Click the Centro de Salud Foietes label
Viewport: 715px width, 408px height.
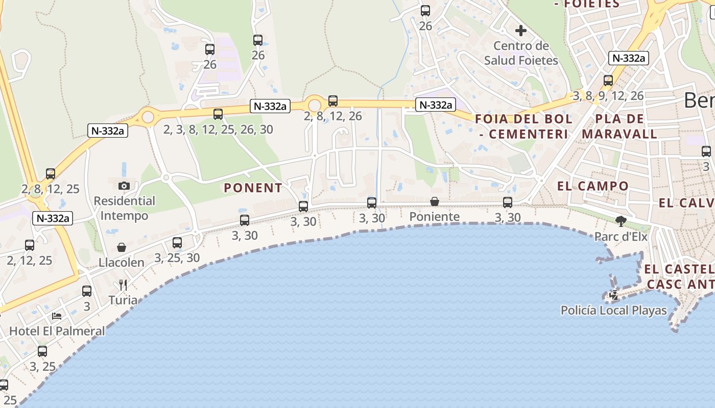(x=521, y=53)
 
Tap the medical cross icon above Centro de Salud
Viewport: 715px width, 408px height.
(x=521, y=31)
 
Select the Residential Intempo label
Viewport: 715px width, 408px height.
(x=124, y=208)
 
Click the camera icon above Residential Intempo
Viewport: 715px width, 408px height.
(x=124, y=186)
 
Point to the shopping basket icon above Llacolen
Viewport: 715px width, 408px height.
(x=122, y=247)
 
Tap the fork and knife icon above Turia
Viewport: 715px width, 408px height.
(x=123, y=285)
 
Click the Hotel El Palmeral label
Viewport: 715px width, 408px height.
(x=57, y=331)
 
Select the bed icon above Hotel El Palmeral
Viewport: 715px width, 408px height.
(x=57, y=316)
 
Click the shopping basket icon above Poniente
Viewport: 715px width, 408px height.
(x=435, y=201)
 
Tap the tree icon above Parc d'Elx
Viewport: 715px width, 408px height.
(x=621, y=221)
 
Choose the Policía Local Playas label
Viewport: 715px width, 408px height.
(x=614, y=310)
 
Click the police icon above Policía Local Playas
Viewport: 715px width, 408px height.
(x=613, y=295)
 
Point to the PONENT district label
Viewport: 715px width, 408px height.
(x=253, y=188)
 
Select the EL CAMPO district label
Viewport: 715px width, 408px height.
(x=593, y=186)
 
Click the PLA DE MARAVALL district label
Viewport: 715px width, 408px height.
(x=619, y=126)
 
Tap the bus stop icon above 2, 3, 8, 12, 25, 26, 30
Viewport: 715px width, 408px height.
(x=218, y=114)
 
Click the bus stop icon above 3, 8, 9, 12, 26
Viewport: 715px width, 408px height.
(x=608, y=81)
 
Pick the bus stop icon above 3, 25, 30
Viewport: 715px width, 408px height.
(x=177, y=243)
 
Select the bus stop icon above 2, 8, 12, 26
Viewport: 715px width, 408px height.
(x=333, y=101)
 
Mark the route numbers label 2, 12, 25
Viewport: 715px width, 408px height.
(x=30, y=261)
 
